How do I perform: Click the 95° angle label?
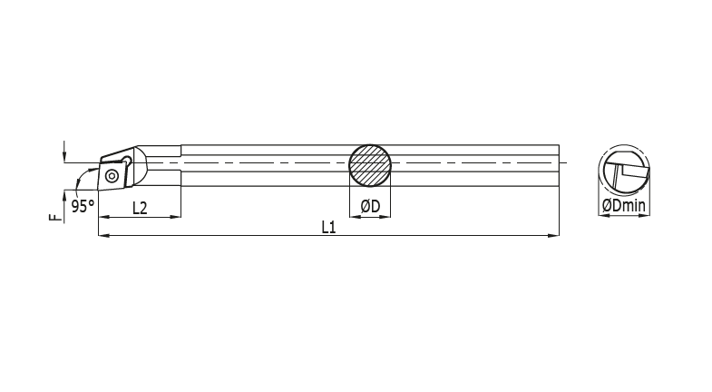click(83, 207)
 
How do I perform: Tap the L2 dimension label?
click(140, 207)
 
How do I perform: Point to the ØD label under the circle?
click(370, 207)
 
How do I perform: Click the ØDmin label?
click(624, 207)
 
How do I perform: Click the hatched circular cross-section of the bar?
click(371, 164)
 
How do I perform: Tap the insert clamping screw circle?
click(112, 172)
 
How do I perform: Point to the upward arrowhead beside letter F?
click(63, 193)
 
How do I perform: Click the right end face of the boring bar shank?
click(557, 165)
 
